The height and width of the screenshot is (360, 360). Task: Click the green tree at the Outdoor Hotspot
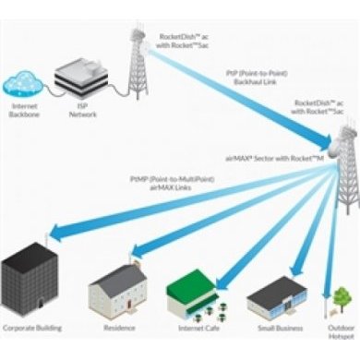342,297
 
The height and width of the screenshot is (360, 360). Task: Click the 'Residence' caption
121,328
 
